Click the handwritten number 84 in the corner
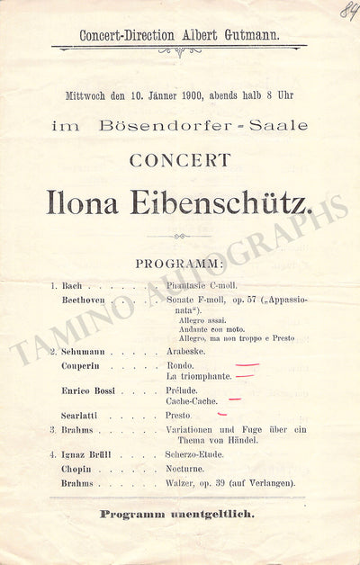tap(347, 11)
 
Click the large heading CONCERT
tap(179, 161)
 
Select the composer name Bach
tap(72, 285)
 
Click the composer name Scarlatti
tap(82, 417)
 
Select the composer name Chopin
tap(77, 469)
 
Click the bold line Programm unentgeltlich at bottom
tap(179, 514)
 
